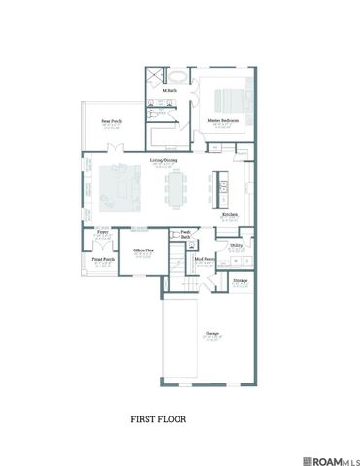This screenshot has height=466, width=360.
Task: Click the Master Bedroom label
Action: (x=223, y=120)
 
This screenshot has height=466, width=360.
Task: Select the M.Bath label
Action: (x=169, y=91)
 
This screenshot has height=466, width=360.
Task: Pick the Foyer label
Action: (x=101, y=233)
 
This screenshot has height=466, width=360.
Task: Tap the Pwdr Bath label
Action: (x=185, y=233)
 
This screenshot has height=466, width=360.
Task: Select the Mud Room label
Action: (x=204, y=260)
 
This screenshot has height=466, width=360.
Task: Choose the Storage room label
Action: (x=240, y=279)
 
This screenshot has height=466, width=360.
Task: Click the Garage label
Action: (x=211, y=333)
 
